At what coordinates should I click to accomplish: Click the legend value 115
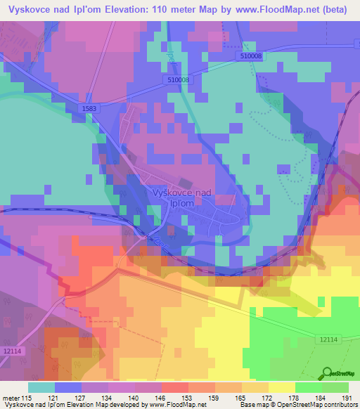click(x=27, y=398)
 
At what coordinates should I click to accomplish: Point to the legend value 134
click(x=107, y=398)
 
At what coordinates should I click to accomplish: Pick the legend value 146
click(x=160, y=398)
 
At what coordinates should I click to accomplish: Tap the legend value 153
click(x=187, y=398)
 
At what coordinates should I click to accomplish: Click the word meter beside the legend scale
click(x=11, y=398)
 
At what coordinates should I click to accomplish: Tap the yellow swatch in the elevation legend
click(x=281, y=387)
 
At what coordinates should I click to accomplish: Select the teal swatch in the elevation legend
click(x=41, y=387)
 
